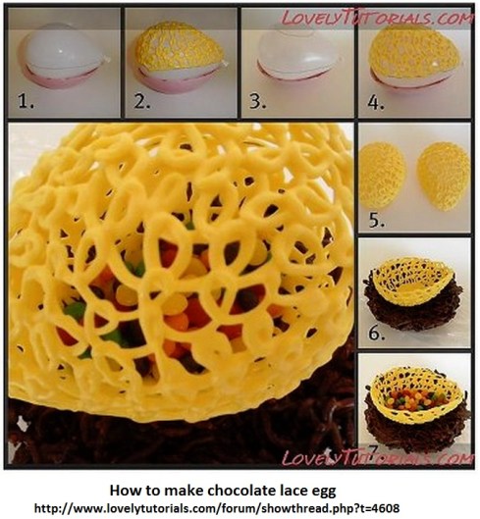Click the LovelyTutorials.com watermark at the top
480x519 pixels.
pos(378,17)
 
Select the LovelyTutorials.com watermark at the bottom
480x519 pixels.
pos(378,457)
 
